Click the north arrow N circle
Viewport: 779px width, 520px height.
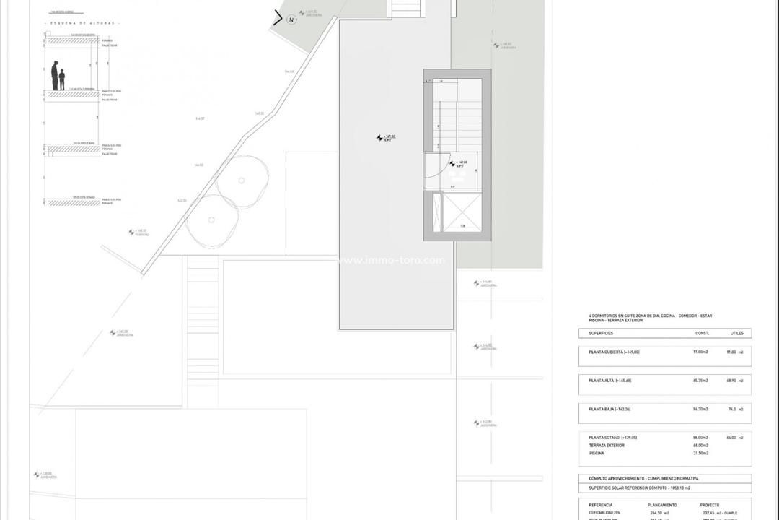click(291, 20)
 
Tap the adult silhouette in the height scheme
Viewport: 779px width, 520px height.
click(54, 76)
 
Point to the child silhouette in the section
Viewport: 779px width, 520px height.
click(62, 79)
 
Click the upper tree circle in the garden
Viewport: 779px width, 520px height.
click(241, 181)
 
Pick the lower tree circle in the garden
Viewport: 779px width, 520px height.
click(211, 220)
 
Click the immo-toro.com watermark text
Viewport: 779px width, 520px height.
click(391, 261)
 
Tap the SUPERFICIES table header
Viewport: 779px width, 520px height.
click(601, 334)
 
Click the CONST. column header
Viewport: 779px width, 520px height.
click(702, 334)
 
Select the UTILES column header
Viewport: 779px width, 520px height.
click(737, 334)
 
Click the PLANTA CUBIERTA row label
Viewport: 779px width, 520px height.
click(614, 352)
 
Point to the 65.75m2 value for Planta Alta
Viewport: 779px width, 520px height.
click(700, 380)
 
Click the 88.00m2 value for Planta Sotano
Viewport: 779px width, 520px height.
click(700, 437)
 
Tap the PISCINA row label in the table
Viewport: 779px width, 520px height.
click(597, 453)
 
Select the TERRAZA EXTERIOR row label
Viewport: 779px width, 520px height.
click(606, 445)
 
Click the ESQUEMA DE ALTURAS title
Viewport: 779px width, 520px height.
click(83, 23)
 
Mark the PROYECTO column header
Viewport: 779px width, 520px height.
click(710, 505)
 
